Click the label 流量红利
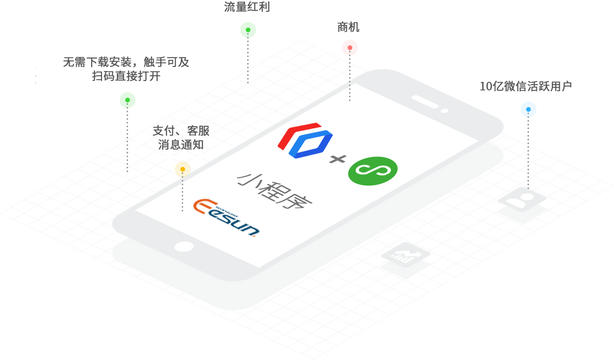point(247,7)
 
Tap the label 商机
point(348,28)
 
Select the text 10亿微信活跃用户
point(526,86)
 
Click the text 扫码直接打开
point(126,76)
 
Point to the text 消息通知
point(181,144)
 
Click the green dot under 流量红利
point(248,30)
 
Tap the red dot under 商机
point(350,48)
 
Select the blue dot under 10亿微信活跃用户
point(528,110)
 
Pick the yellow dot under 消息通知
point(183,169)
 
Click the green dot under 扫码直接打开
point(128,100)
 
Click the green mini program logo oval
point(373,169)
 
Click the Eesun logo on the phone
point(226,217)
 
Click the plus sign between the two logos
point(337,159)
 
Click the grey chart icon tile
point(405,255)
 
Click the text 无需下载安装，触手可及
point(126,62)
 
